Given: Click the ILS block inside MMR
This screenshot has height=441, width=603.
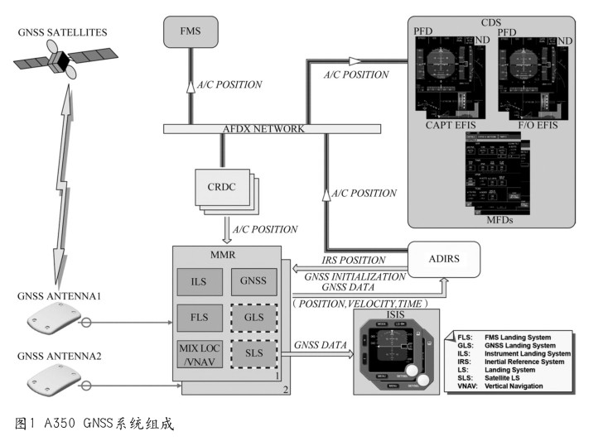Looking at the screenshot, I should (198, 282).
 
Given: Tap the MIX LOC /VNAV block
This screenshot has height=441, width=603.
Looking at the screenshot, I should (198, 354).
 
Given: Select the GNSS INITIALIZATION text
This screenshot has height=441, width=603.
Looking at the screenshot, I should (355, 276).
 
